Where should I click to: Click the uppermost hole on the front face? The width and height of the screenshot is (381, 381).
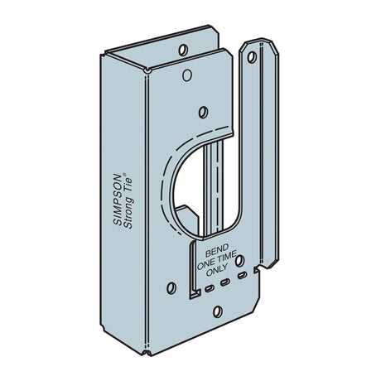[203, 109]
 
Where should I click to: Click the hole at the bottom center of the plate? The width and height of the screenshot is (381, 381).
[218, 312]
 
